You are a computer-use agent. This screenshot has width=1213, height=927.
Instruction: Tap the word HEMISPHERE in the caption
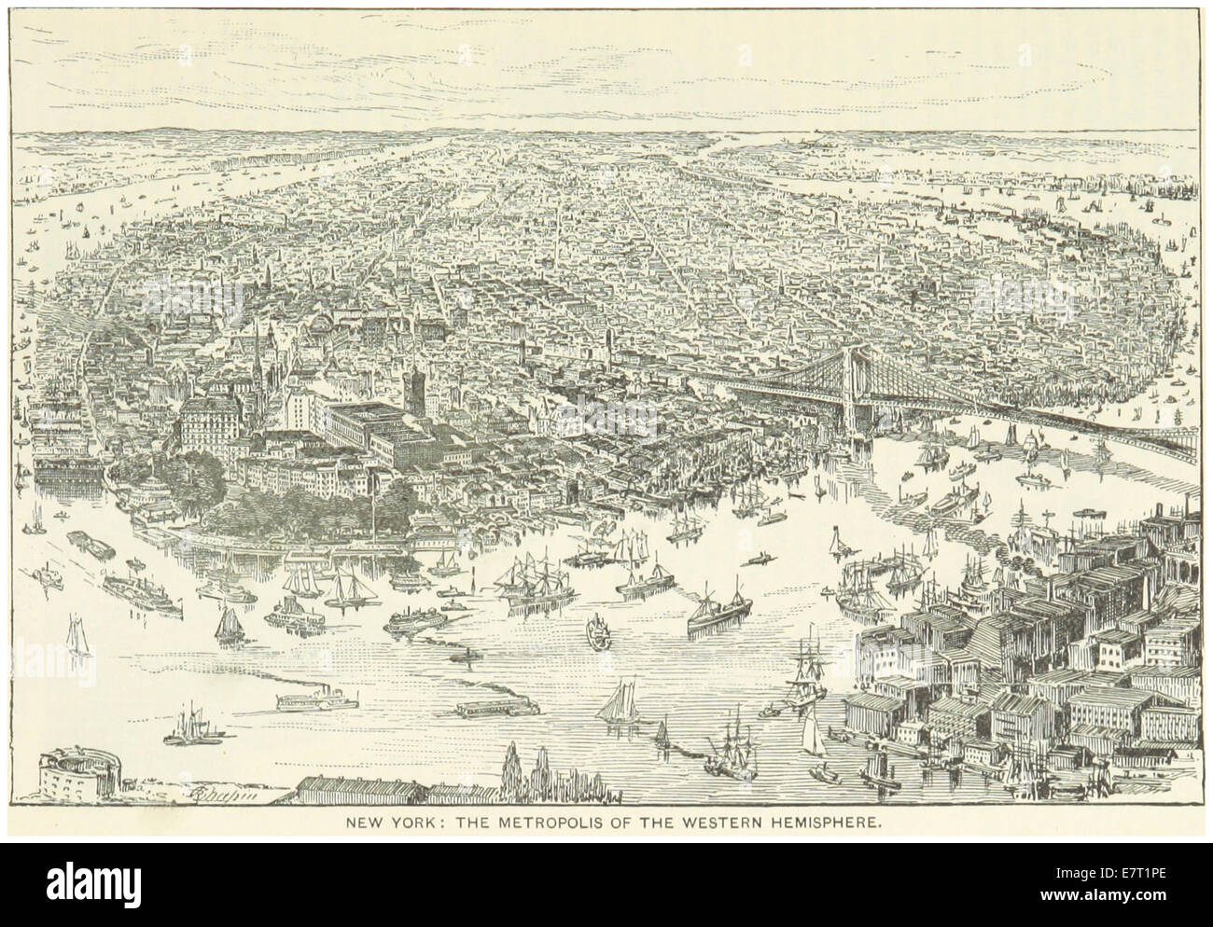pyautogui.click(x=826, y=824)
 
